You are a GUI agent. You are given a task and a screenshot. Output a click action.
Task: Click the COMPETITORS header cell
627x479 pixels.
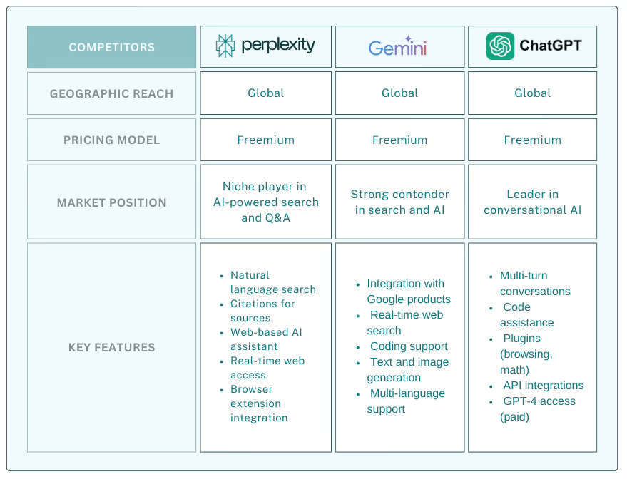pyautogui.click(x=111, y=47)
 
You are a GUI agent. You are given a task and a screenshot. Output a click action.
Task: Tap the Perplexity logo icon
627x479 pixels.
pyautogui.click(x=225, y=46)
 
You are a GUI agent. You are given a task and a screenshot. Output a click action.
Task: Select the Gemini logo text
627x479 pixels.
pyautogui.click(x=397, y=48)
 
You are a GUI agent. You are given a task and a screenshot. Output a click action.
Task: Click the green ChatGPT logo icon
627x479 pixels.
pyautogui.click(x=500, y=46)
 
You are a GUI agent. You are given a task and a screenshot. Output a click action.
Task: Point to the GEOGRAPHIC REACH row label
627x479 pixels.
pyautogui.click(x=111, y=93)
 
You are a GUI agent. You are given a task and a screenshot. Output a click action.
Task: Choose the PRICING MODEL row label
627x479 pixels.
pyautogui.click(x=111, y=140)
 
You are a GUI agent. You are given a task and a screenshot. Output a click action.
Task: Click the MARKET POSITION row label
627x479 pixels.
pyautogui.click(x=111, y=202)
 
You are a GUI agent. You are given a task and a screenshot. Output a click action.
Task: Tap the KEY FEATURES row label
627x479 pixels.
pyautogui.click(x=111, y=347)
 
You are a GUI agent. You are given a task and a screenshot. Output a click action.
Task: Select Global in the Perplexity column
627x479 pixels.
pyautogui.click(x=265, y=93)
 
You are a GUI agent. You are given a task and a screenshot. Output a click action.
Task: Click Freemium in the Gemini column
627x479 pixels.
pyautogui.click(x=399, y=140)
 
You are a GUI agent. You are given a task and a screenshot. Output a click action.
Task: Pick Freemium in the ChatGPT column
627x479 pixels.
pyautogui.click(x=532, y=140)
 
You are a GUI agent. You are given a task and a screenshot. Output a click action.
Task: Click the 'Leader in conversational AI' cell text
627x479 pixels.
pyautogui.click(x=532, y=202)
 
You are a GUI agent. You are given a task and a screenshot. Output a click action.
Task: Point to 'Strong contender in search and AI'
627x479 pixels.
pyautogui.click(x=399, y=202)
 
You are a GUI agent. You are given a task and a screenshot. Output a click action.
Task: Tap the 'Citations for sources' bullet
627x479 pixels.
pyautogui.click(x=262, y=311)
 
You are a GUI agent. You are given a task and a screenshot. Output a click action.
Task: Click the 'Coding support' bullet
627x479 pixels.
pyautogui.click(x=409, y=346)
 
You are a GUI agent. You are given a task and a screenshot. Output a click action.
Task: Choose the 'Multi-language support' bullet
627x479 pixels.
pyautogui.click(x=407, y=401)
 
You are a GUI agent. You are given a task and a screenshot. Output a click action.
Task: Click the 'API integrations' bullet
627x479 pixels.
pyautogui.click(x=543, y=386)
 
